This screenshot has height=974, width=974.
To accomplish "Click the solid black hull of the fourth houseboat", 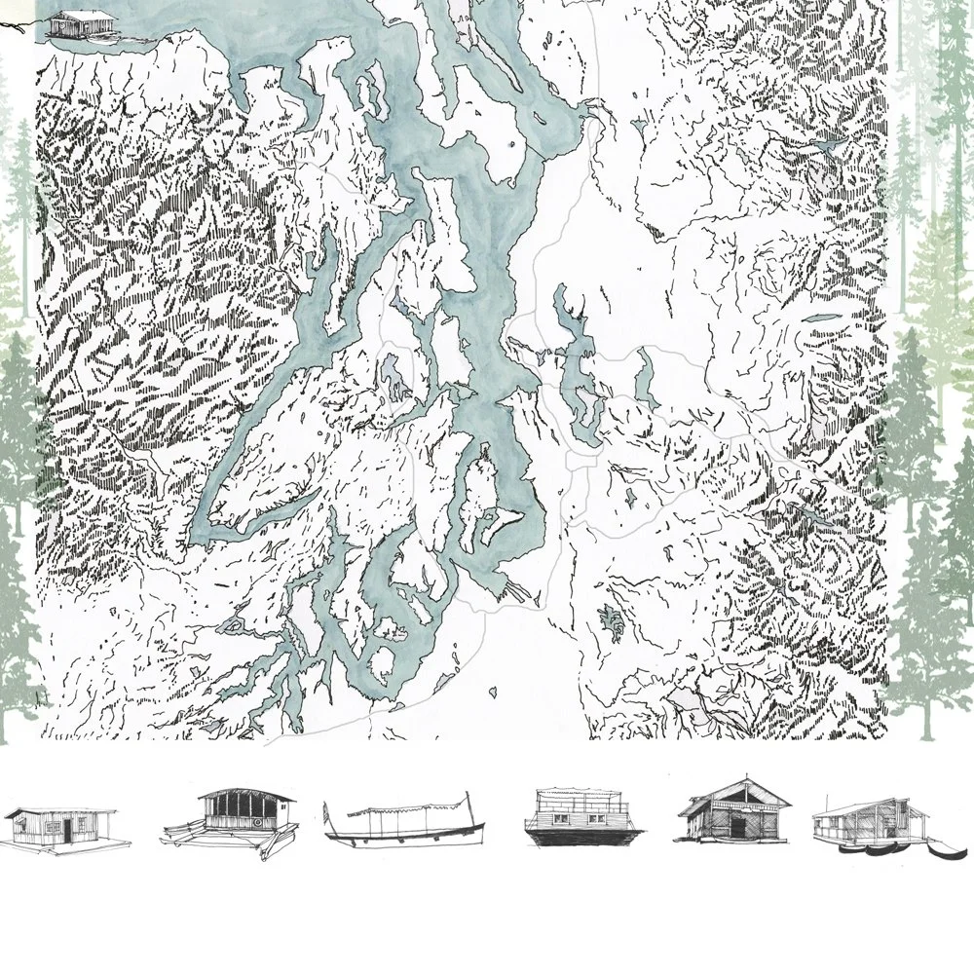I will pyautogui.click(x=582, y=838).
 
